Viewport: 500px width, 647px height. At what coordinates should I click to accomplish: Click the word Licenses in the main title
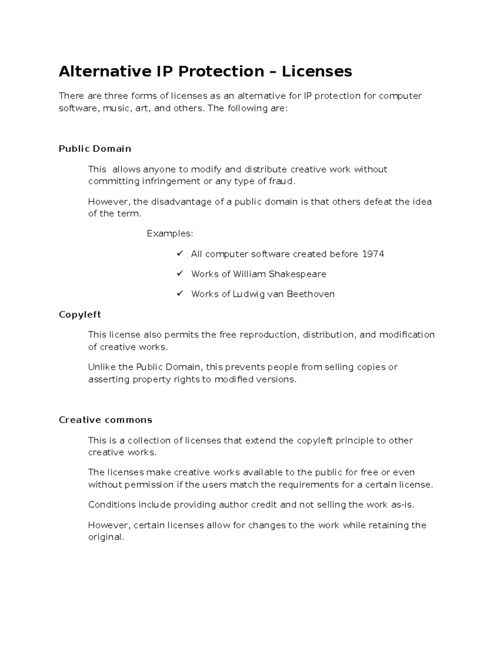tap(317, 72)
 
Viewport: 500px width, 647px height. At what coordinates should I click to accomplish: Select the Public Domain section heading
tap(95, 149)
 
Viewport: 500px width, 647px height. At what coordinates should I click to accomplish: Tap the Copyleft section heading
tap(80, 315)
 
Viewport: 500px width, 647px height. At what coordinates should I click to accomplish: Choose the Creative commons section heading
tap(105, 420)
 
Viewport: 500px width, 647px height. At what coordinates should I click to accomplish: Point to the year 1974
tap(373, 254)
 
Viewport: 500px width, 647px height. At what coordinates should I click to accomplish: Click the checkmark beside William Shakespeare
tap(180, 274)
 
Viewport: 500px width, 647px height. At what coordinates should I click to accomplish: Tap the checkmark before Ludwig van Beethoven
tap(180, 294)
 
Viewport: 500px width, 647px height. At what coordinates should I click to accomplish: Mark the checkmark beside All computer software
tap(180, 254)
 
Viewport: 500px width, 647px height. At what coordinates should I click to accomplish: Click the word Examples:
tap(170, 234)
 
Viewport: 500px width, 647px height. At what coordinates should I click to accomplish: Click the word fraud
tap(281, 181)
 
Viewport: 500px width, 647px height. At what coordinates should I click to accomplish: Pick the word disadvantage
tap(181, 202)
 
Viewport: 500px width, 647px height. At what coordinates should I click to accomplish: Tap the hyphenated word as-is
tap(403, 505)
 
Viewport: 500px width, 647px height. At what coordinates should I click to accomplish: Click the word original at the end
tap(106, 537)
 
